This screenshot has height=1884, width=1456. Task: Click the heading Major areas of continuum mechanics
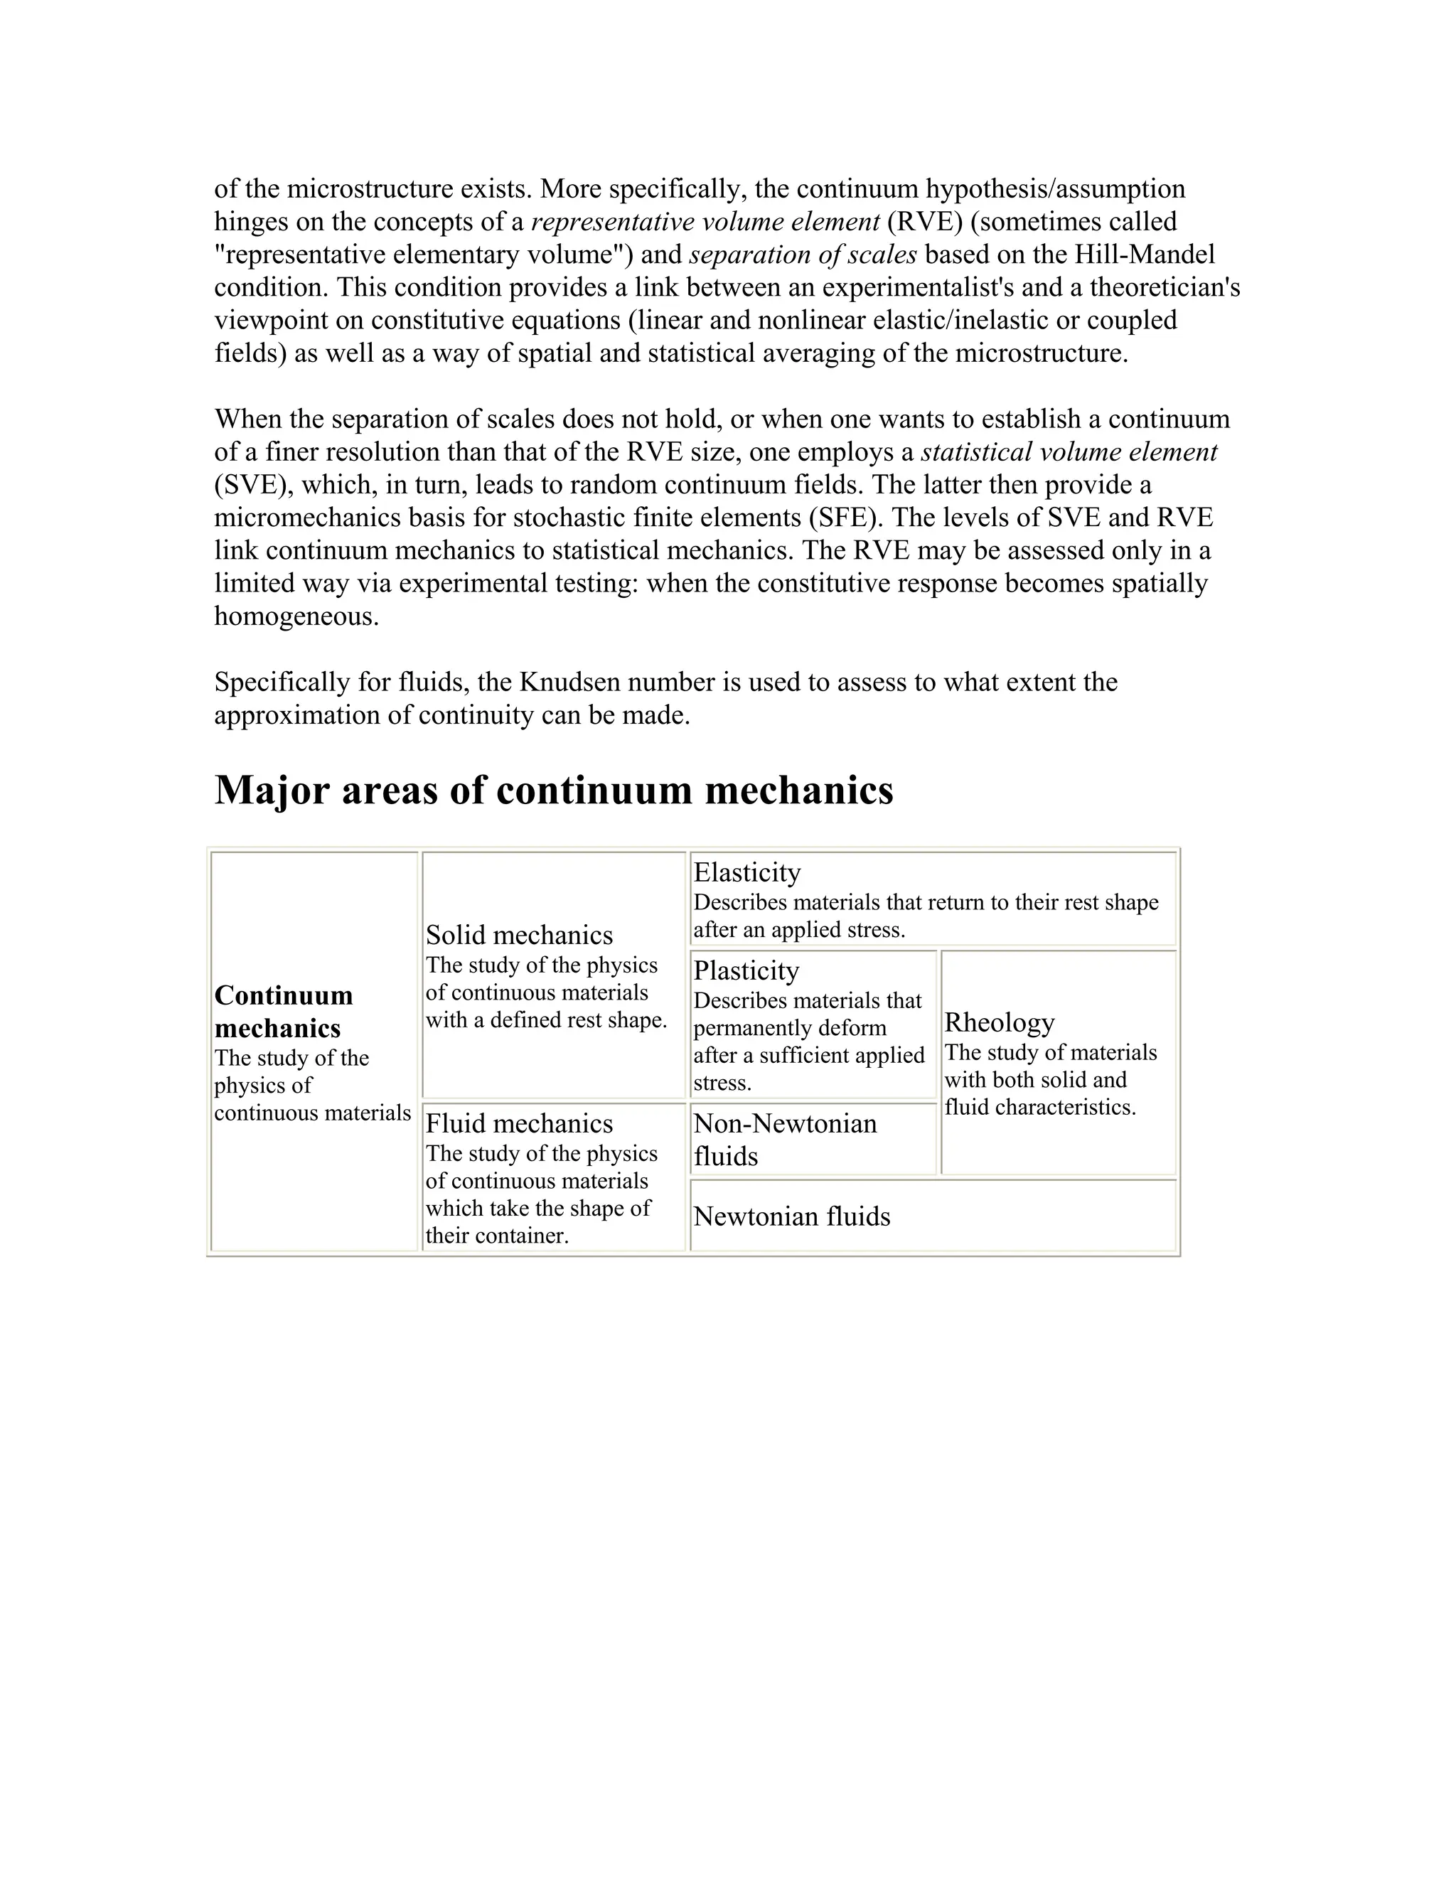coord(553,790)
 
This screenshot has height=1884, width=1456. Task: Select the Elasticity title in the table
coord(747,872)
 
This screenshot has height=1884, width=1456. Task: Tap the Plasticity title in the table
coord(746,970)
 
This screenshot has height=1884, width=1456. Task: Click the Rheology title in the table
coord(999,1022)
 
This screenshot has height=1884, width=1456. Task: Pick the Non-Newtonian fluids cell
coord(785,1140)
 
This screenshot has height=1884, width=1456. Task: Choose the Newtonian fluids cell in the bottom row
coord(791,1216)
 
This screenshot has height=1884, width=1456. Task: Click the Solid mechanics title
coord(519,935)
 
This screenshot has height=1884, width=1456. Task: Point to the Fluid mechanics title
coord(519,1123)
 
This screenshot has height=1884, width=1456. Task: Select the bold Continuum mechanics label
coord(283,1012)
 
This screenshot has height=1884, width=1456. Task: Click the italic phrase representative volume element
coord(705,223)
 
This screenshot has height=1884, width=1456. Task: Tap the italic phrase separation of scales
coord(802,255)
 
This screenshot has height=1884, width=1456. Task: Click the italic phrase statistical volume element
coord(1069,452)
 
